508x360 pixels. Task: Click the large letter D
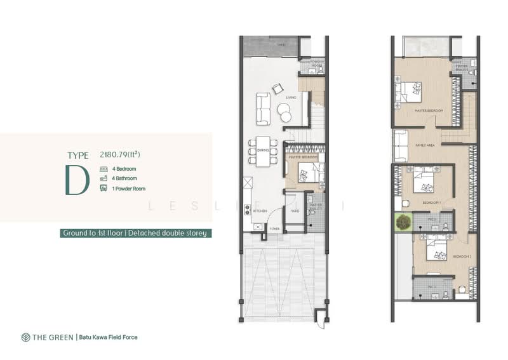(76, 180)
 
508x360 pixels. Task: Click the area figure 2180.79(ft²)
(119, 154)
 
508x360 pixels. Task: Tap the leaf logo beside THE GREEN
(25, 337)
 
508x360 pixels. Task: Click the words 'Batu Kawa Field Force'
(108, 337)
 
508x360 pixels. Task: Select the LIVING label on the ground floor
(291, 97)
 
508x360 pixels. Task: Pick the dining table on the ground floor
(264, 151)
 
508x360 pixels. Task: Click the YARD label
(295, 211)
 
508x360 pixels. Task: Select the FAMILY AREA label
(425, 145)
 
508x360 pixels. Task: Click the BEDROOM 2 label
(461, 256)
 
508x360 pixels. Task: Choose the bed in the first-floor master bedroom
(406, 93)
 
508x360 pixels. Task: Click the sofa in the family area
(400, 146)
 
